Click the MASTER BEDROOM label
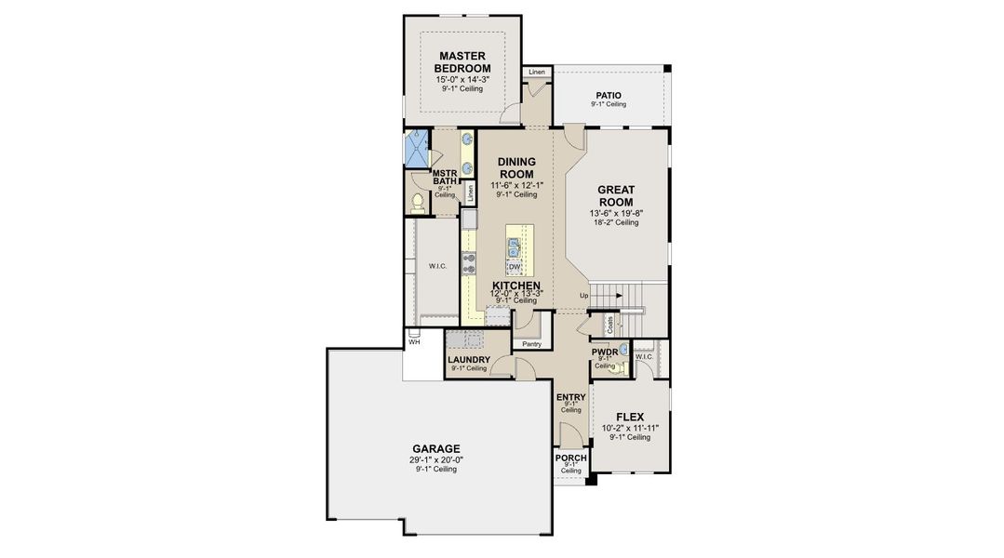[463, 62]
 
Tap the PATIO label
[609, 96]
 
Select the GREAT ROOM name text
[615, 195]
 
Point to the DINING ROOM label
[515, 167]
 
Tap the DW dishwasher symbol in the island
[514, 267]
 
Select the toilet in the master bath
[418, 203]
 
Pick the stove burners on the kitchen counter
[469, 262]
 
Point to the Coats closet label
[609, 325]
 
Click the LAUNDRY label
[468, 360]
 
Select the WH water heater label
[414, 341]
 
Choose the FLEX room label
[630, 417]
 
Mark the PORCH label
[570, 458]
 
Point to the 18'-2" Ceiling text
[615, 222]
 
